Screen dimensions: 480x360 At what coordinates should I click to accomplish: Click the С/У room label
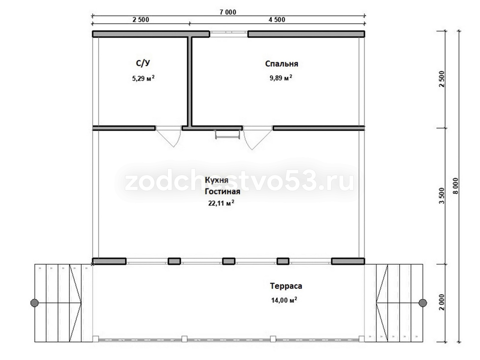coord(143,63)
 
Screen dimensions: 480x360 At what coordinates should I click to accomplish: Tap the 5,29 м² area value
coord(143,78)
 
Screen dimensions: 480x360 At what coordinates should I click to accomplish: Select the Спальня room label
coord(281,64)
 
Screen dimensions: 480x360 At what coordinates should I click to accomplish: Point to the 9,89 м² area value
coord(281,78)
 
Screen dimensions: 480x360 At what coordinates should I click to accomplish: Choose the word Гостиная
coord(222,191)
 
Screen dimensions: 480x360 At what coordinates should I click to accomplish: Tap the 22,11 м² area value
coord(221,203)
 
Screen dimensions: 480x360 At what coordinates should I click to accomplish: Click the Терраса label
coord(286,286)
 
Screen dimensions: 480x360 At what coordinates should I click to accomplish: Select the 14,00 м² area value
coord(284,300)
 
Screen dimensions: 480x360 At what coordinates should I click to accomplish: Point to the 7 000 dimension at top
coord(228,12)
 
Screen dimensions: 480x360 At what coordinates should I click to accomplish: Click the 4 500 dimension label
coord(277,20)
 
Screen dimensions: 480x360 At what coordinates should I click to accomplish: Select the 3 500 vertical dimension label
coord(442,196)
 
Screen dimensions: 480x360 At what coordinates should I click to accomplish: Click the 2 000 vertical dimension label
coord(442,302)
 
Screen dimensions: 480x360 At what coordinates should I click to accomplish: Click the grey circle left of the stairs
coord(34,303)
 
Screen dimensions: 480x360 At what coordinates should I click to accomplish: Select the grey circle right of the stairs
coord(422,303)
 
